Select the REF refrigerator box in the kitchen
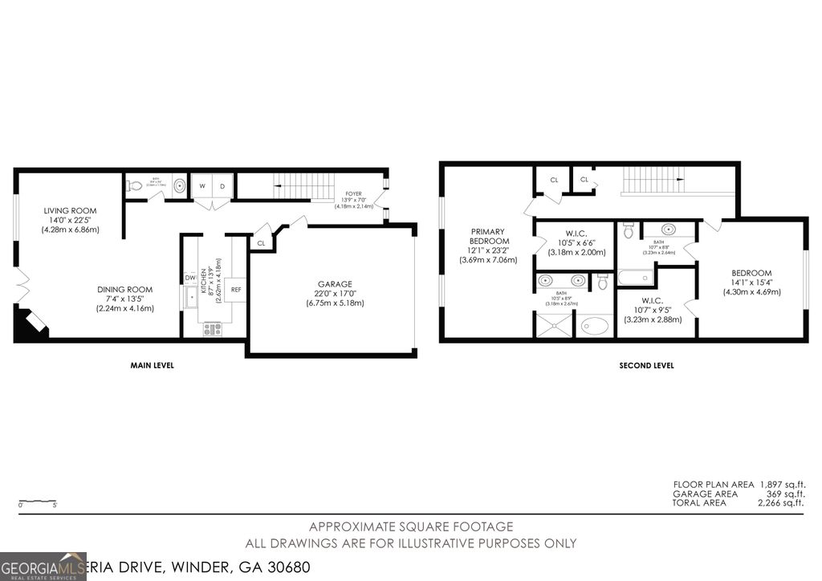pyautogui.click(x=236, y=290)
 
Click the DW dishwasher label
pyautogui.click(x=190, y=278)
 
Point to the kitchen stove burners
pyautogui.click(x=214, y=327)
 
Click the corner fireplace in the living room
pyautogui.click(x=30, y=323)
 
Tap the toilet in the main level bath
pyautogui.click(x=135, y=185)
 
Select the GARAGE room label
pyautogui.click(x=335, y=284)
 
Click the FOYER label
pyautogui.click(x=353, y=194)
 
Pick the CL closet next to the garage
pyautogui.click(x=261, y=243)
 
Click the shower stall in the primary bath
pyautogui.click(x=553, y=325)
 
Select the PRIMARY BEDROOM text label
pyautogui.click(x=490, y=236)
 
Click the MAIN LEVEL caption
pyautogui.click(x=152, y=366)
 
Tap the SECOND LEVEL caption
pyautogui.click(x=646, y=366)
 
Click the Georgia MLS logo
pyautogui.click(x=43, y=565)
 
